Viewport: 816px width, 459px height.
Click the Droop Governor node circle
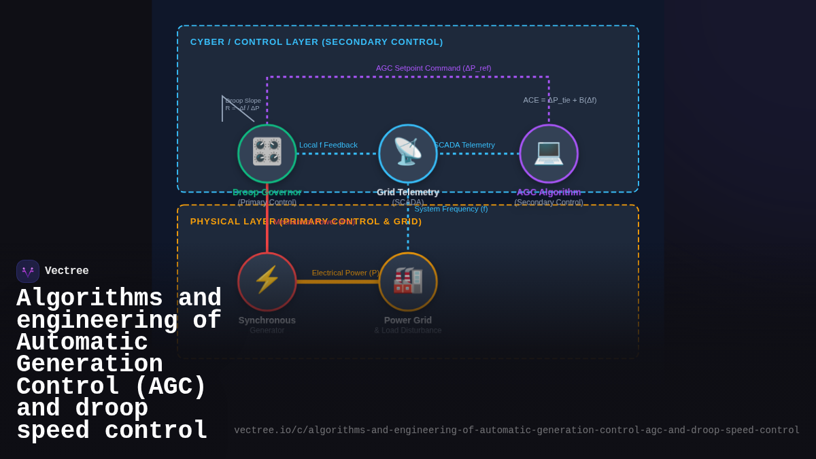pyautogui.click(x=267, y=154)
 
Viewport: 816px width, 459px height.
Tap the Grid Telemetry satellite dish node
pyautogui.click(x=408, y=154)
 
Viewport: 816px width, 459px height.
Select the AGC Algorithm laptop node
pyautogui.click(x=549, y=154)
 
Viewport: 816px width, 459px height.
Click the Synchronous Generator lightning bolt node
pyautogui.click(x=267, y=282)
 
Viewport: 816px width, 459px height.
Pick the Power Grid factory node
pyautogui.click(x=408, y=282)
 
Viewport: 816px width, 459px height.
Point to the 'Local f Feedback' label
pyautogui.click(x=328, y=145)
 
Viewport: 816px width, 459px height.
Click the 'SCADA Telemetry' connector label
pyautogui.click(x=464, y=145)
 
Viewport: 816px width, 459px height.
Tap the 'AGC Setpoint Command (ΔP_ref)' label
pyautogui.click(x=433, y=68)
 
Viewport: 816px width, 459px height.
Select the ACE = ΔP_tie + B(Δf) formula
pyautogui.click(x=560, y=100)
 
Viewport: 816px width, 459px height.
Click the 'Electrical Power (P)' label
pyautogui.click(x=346, y=273)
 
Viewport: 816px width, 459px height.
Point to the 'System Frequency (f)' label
pyautogui.click(x=451, y=209)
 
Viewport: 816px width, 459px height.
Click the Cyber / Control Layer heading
pyautogui.click(x=316, y=42)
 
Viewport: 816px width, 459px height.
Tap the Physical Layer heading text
pyautogui.click(x=306, y=222)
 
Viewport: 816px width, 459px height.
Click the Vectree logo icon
pyautogui.click(x=28, y=271)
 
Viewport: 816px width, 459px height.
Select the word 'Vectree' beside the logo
pyautogui.click(x=67, y=271)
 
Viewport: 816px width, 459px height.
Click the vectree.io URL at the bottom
pyautogui.click(x=517, y=430)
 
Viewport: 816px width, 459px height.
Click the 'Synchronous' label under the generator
pyautogui.click(x=267, y=320)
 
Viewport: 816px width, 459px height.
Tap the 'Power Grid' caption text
pyautogui.click(x=408, y=320)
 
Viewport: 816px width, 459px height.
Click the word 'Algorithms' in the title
pyautogui.click(x=90, y=299)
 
